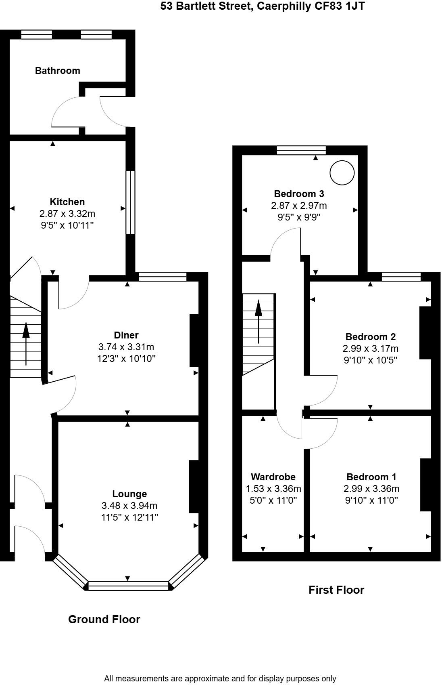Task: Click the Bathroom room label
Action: [x=57, y=71]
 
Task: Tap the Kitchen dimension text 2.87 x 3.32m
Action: [x=67, y=214]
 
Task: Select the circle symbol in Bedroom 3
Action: [x=342, y=172]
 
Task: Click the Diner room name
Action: [x=126, y=335]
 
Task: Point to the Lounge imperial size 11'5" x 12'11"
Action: [x=129, y=517]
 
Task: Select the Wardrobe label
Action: [x=273, y=477]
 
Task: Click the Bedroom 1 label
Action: [x=371, y=477]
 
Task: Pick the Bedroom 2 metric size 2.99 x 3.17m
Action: [x=370, y=348]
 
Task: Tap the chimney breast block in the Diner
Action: [x=194, y=340]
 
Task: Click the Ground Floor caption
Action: [x=104, y=619]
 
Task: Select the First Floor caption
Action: [x=336, y=590]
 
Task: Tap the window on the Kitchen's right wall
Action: [x=130, y=202]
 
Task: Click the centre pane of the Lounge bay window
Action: [x=128, y=586]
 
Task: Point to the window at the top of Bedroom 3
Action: [x=301, y=150]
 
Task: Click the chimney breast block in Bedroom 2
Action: [x=425, y=333]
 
